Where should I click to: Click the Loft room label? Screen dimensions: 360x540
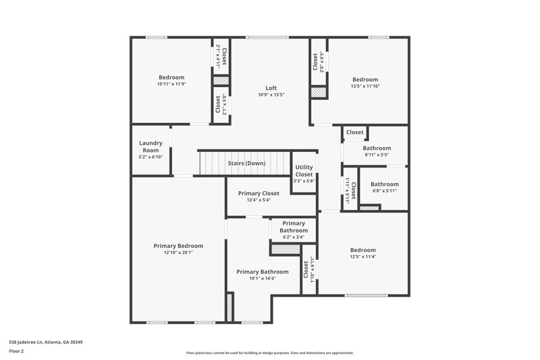[271, 88]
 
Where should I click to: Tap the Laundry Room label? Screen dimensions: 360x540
[151, 147]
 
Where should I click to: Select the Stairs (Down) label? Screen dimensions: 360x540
[246, 163]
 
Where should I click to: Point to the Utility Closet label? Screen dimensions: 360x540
[304, 171]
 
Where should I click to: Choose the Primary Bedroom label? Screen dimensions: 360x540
[178, 245]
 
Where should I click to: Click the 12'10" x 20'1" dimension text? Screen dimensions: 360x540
[178, 253]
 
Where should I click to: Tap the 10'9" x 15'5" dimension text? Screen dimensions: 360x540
[271, 95]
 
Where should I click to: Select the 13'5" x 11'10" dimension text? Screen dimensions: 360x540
[365, 86]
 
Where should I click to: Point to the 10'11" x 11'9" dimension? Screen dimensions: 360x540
[171, 84]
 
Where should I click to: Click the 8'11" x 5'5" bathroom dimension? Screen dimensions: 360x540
[377, 155]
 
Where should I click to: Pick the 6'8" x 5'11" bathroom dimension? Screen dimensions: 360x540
[384, 190]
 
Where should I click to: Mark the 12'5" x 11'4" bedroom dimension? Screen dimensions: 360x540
[363, 257]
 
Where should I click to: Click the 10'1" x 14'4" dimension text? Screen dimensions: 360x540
[262, 278]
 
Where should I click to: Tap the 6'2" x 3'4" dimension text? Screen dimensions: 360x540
[294, 237]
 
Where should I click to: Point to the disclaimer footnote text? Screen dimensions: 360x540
[270, 353]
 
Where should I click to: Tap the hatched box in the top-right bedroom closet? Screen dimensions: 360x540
[319, 93]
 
